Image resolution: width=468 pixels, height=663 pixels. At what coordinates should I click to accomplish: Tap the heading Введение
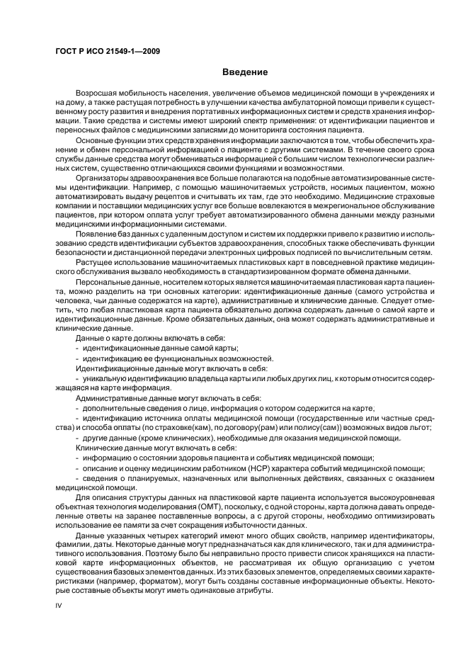(245, 72)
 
